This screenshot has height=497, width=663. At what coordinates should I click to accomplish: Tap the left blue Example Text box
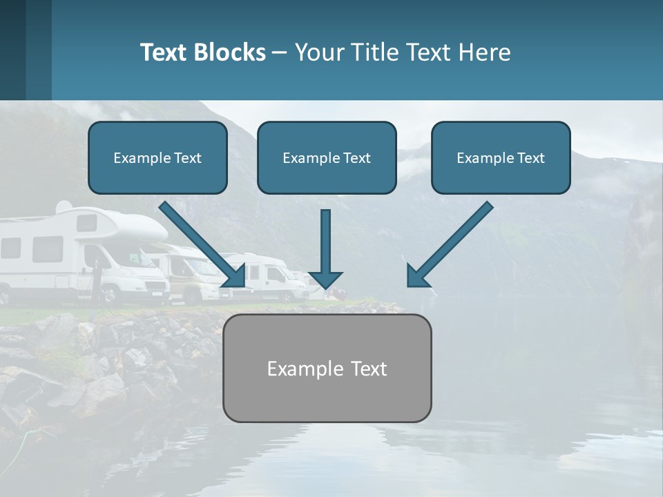[157, 158]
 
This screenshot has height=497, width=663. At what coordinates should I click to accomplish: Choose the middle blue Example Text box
[327, 158]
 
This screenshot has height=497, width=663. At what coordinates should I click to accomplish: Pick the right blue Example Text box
[501, 158]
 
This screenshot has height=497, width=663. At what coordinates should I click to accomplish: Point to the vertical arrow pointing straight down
[325, 245]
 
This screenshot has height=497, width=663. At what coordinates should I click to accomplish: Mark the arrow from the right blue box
[452, 242]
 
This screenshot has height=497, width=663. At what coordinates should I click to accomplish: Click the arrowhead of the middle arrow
[325, 278]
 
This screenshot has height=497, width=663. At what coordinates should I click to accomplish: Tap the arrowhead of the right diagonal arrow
[417, 276]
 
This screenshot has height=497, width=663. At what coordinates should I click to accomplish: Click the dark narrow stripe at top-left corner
[13, 50]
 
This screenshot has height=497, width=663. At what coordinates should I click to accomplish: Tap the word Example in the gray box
[296, 369]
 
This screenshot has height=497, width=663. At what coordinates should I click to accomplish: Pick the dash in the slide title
[280, 52]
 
